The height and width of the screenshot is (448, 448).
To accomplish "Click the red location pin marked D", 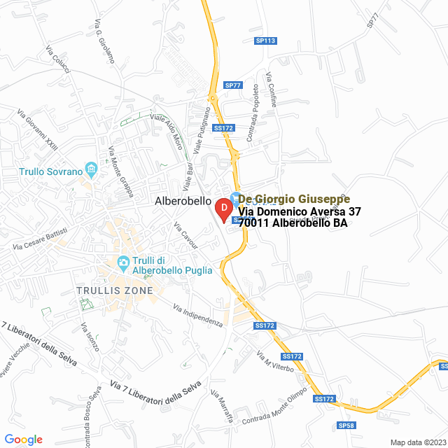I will point(223,209).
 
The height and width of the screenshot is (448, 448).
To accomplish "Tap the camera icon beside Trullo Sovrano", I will point(91,169).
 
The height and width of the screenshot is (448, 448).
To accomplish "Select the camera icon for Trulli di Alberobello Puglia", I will point(123,263).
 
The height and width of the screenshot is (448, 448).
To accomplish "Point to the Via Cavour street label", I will point(186,236).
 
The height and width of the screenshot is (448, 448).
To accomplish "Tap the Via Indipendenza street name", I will point(197,314).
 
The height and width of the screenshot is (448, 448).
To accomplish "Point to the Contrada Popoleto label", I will point(255,106).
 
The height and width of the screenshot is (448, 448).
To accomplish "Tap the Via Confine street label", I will point(272,90).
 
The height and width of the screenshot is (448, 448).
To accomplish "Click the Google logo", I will point(23,440).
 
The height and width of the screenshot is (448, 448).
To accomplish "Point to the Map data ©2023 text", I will point(417,442).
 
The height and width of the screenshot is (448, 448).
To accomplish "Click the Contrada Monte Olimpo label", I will point(275,406).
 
